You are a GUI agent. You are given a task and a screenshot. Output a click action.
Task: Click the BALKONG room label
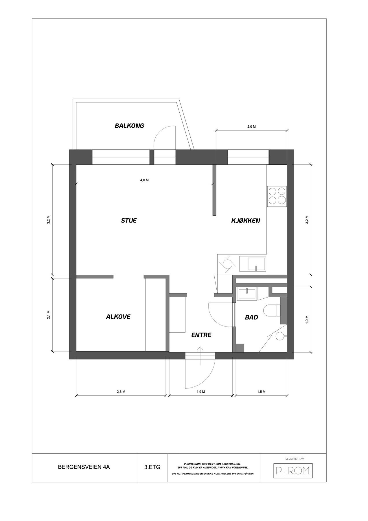click(x=129, y=126)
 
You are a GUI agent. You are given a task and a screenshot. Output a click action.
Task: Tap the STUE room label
click(x=129, y=221)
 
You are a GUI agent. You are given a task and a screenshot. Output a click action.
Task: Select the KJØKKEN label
click(x=245, y=221)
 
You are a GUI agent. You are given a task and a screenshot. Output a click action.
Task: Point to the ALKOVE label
click(x=118, y=317)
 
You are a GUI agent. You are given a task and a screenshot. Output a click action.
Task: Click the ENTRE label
click(x=201, y=335)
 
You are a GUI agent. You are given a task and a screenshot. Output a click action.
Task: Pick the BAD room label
click(x=251, y=318)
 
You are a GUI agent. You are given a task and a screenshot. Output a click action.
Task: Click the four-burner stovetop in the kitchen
click(x=277, y=196)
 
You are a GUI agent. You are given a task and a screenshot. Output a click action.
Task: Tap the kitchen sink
click(x=253, y=264)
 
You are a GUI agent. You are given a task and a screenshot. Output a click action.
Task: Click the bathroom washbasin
click(x=246, y=293)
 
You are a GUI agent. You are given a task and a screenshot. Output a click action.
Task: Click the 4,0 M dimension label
click(x=144, y=180)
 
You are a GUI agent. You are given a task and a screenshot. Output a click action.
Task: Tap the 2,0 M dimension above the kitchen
click(x=251, y=126)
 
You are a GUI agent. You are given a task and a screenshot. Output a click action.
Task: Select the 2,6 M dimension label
click(x=121, y=392)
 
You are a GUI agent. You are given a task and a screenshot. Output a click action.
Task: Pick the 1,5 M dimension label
click(x=261, y=392)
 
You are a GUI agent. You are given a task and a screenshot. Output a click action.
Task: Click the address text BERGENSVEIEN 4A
click(x=84, y=467)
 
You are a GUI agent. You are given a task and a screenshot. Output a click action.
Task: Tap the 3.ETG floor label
click(x=152, y=467)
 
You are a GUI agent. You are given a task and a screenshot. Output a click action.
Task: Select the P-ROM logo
click(x=293, y=471)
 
